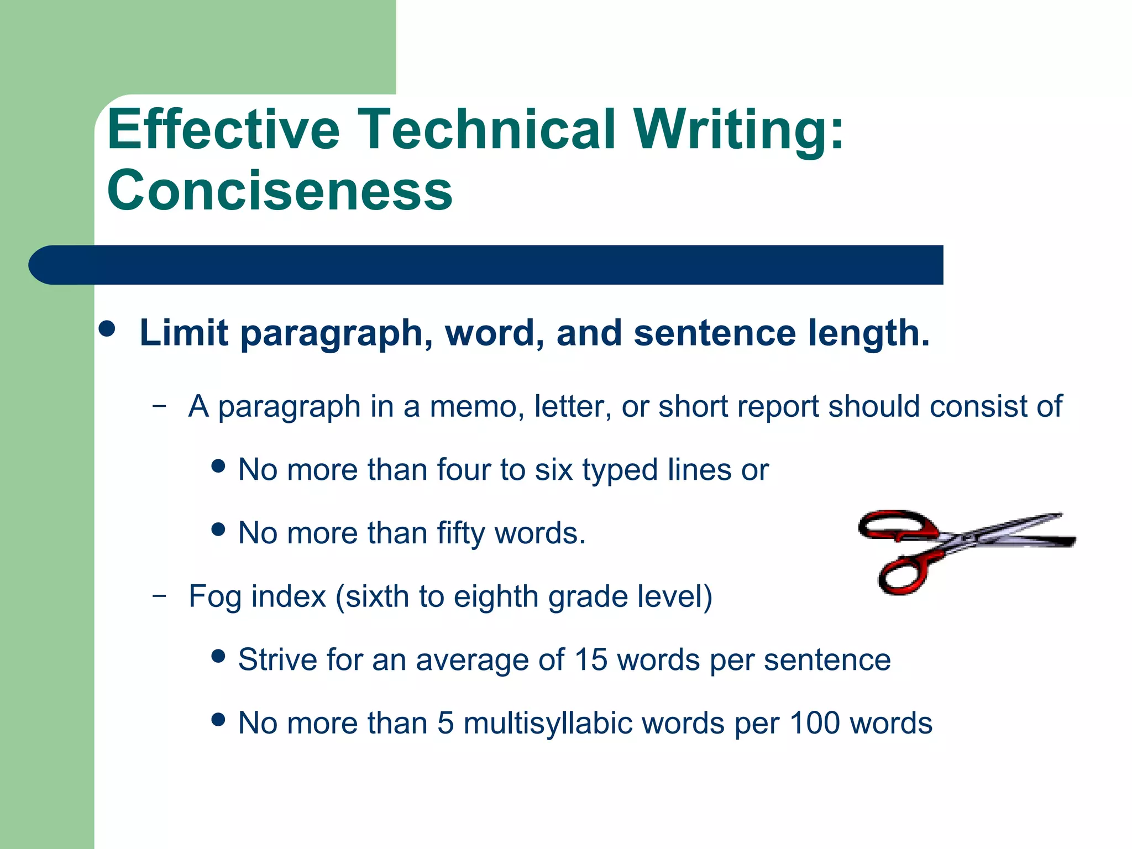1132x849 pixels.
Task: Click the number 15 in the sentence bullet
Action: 591,659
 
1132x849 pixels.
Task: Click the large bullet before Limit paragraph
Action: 107,329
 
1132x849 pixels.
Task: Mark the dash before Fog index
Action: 159,595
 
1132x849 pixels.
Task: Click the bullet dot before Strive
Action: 219,656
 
